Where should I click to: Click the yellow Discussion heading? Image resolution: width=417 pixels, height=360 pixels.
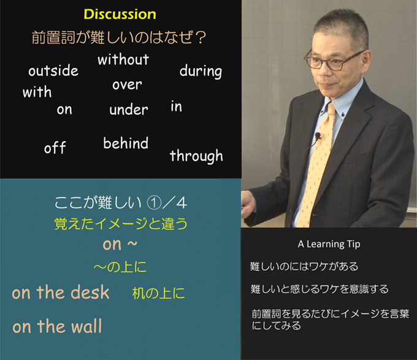[120, 14]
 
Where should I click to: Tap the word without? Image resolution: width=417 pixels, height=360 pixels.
[123, 59]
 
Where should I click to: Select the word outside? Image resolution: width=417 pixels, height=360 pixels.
[53, 71]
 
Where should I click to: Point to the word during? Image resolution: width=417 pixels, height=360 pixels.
[201, 71]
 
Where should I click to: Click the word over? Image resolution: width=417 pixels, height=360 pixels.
[127, 85]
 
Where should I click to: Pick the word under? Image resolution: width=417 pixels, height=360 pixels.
[129, 109]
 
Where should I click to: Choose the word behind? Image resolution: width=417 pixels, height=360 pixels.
[126, 143]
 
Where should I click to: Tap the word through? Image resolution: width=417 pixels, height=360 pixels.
[196, 156]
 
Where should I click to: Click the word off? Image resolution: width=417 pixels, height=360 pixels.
[55, 147]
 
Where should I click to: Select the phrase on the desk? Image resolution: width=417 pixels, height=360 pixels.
[61, 292]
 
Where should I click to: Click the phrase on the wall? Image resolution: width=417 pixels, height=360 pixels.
[57, 326]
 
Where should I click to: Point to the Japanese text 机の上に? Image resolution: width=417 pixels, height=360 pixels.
[158, 293]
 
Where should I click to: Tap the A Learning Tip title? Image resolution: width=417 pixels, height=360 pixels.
[329, 244]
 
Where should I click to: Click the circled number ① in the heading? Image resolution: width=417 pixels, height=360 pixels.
[155, 203]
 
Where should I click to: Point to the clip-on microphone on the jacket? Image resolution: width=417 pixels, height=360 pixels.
[318, 136]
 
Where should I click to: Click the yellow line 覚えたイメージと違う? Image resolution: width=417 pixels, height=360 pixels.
[121, 224]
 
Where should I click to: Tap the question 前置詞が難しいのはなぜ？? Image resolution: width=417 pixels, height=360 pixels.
[119, 37]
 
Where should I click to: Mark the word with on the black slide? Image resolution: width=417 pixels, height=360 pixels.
[37, 92]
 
